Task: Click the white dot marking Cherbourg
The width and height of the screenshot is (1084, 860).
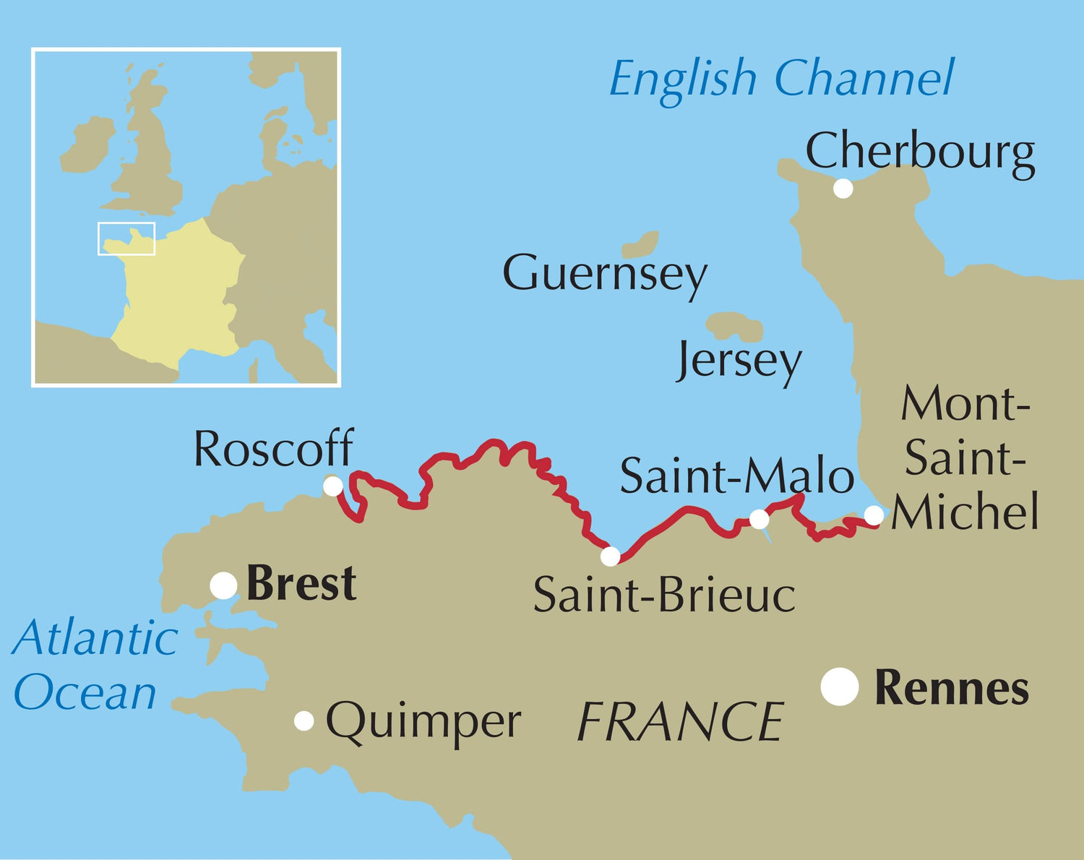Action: tap(843, 189)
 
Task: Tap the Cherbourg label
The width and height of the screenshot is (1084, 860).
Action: tap(919, 152)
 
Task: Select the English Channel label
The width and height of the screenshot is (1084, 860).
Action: tap(780, 78)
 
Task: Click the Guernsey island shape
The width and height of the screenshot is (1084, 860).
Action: tap(641, 245)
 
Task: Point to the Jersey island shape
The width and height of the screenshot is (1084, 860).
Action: tap(735, 327)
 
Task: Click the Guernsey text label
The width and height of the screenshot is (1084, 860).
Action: tap(604, 274)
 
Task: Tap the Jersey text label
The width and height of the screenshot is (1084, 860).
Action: tap(739, 361)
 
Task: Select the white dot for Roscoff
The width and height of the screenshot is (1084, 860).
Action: tap(332, 486)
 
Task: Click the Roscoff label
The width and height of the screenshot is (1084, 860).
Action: tap(273, 449)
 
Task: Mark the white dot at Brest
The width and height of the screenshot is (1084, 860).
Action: tap(224, 585)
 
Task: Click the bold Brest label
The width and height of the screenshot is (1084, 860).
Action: tap(301, 584)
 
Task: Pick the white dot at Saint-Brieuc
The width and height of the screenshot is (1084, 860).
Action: tap(611, 556)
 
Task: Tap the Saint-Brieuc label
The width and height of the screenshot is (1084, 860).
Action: tap(664, 595)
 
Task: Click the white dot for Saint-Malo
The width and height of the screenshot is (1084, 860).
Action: tap(760, 519)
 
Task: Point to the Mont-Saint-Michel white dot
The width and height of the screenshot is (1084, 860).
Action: tap(874, 515)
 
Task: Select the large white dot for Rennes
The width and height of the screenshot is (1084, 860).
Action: tap(840, 687)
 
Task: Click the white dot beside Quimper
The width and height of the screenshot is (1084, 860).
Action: tap(304, 721)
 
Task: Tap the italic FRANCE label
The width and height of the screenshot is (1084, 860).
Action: tap(680, 722)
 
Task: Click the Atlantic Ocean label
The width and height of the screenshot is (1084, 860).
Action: tap(94, 665)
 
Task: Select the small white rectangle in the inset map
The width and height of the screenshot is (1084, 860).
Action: tap(126, 238)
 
